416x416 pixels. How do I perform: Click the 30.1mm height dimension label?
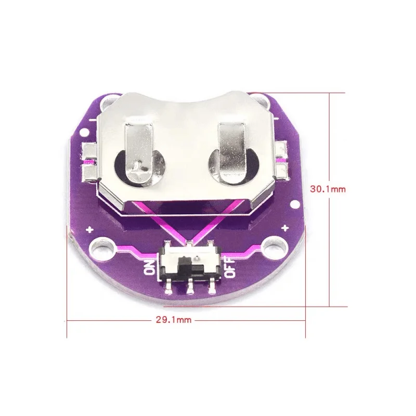[x=328, y=189]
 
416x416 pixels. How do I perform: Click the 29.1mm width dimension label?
[x=173, y=320]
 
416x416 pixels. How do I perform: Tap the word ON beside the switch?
[x=150, y=267]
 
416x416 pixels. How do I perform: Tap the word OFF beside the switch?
[x=230, y=267]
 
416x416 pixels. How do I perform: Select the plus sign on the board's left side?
[x=90, y=229]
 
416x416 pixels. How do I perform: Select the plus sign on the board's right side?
[x=284, y=228]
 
